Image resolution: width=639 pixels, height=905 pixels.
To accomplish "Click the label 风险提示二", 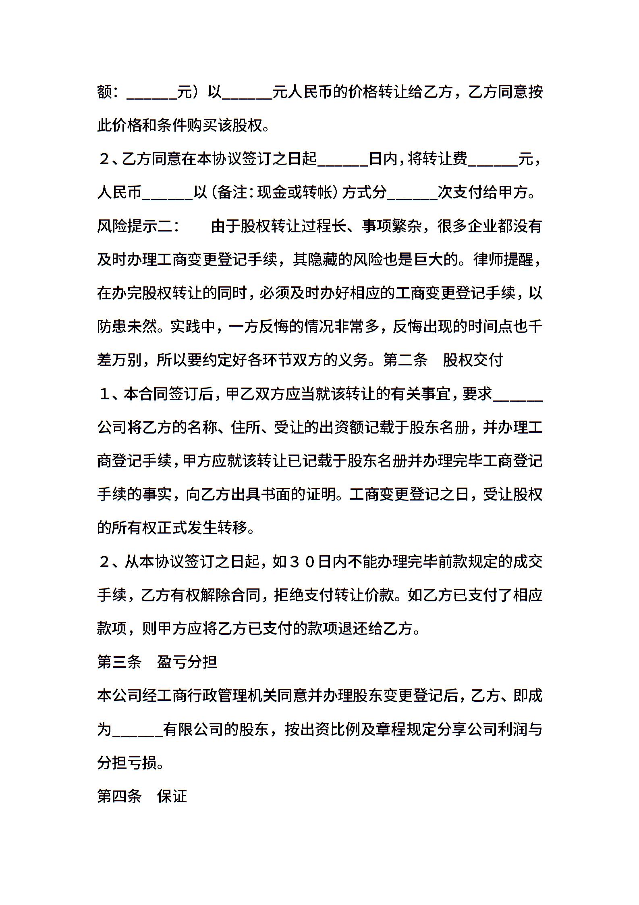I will (135, 226).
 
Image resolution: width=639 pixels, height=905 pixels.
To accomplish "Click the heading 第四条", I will (119, 796).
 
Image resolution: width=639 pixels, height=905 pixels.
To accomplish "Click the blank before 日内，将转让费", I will (343, 159).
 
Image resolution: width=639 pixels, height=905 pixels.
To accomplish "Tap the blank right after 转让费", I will (493, 159).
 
